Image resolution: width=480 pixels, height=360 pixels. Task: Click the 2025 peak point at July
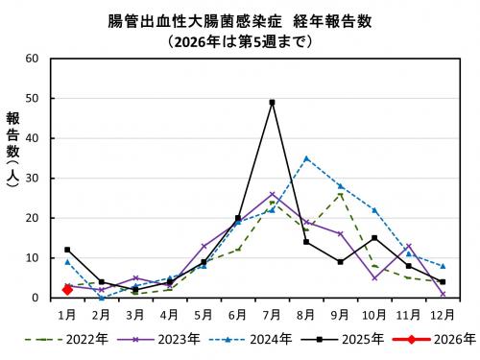[272, 102]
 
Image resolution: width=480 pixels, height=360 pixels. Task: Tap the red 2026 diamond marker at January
[67, 289]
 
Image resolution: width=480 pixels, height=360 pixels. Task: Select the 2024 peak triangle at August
[306, 158]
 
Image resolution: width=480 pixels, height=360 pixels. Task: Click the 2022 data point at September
[340, 194]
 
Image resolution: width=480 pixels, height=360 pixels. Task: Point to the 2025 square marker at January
[67, 250]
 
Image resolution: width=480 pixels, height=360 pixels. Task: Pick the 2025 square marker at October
[374, 238]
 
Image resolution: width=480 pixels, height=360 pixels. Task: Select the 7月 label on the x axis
[272, 313]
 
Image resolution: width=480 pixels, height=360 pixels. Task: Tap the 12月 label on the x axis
[443, 313]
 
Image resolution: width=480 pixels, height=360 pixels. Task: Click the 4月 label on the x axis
[169, 313]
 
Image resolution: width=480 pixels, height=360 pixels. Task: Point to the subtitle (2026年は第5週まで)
[240, 41]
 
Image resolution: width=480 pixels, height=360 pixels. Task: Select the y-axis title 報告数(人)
[12, 154]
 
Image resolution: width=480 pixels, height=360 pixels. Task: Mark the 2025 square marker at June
[237, 218]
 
